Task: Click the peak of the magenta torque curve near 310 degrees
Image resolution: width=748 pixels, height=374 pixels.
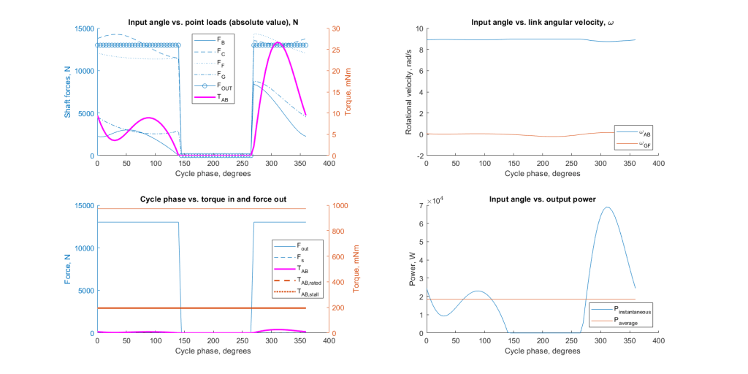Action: (x=278, y=44)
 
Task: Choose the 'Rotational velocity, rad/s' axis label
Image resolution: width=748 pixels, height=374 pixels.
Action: (x=409, y=92)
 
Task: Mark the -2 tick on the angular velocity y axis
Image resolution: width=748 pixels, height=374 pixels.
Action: (x=419, y=156)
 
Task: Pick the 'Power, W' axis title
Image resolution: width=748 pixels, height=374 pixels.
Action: (x=409, y=270)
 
